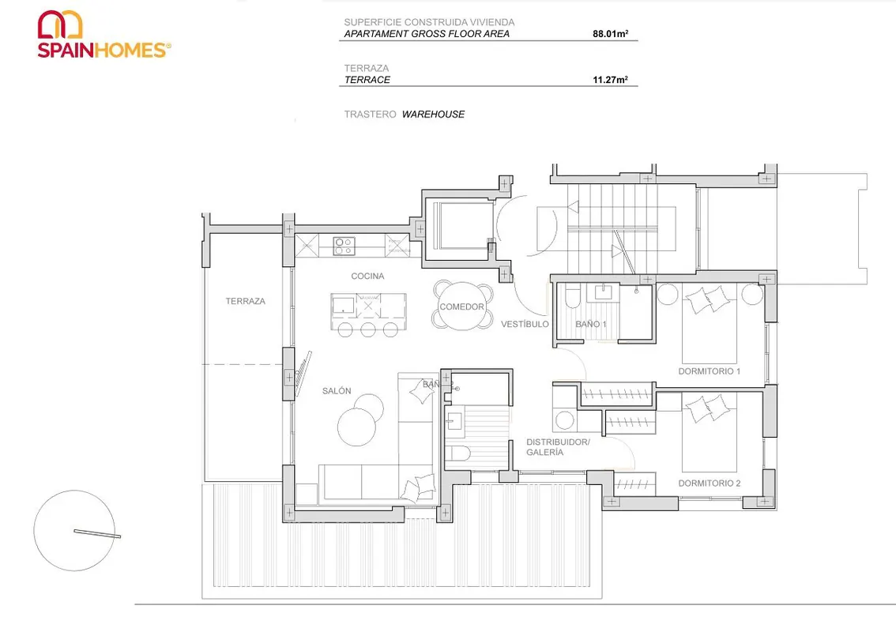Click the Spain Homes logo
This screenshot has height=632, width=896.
(x=104, y=34)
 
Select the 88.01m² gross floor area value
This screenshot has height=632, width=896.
(x=610, y=34)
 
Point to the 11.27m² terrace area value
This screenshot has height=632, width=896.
(x=610, y=80)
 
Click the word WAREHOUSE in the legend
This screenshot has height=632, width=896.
(x=433, y=115)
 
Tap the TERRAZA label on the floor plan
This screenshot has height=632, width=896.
(x=245, y=301)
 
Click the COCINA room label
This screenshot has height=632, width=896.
(x=367, y=276)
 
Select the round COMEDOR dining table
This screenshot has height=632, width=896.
(x=462, y=306)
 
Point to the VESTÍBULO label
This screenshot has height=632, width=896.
(x=525, y=324)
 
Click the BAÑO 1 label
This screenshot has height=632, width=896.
(x=590, y=324)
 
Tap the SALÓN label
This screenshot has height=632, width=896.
(x=337, y=391)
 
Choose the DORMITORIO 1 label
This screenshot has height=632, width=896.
(x=710, y=371)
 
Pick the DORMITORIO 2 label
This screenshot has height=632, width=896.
(x=710, y=483)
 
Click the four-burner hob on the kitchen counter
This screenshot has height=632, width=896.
(x=344, y=246)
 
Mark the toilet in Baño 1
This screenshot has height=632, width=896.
(x=573, y=297)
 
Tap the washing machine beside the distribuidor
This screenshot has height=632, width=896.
(x=565, y=420)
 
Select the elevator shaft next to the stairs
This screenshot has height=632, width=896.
(x=464, y=225)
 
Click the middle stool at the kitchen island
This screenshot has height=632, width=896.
(x=368, y=329)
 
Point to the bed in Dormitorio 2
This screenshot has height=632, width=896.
(x=710, y=433)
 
